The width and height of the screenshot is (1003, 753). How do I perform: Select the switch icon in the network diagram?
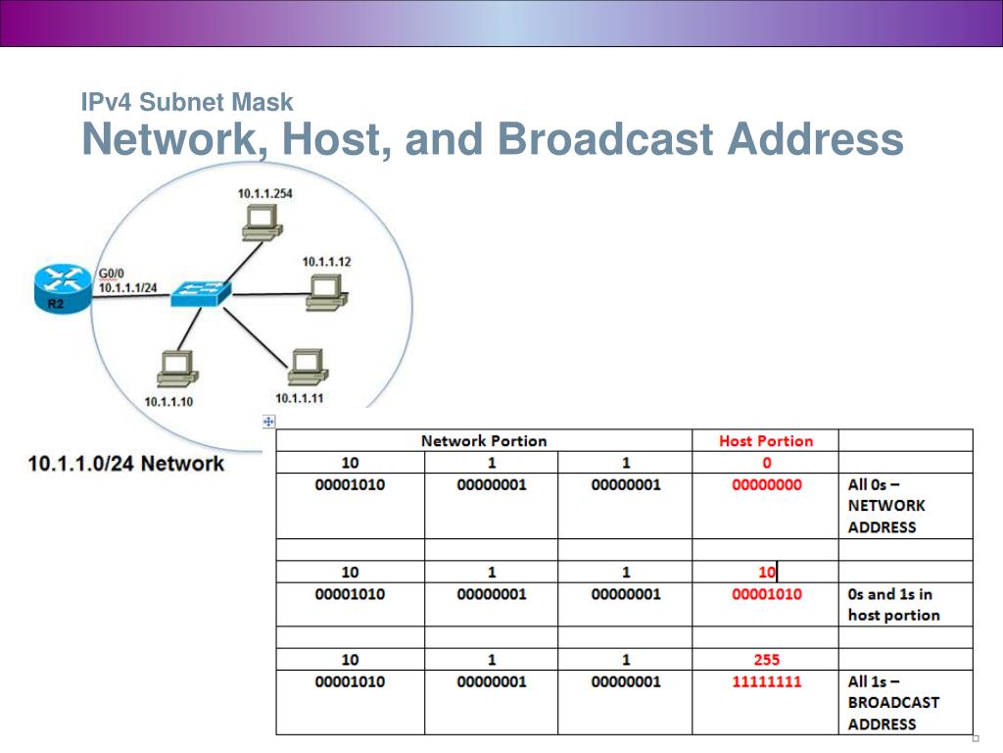(x=201, y=292)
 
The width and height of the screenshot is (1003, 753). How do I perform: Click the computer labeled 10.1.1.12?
(x=324, y=292)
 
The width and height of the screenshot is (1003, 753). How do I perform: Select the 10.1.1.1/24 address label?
(x=127, y=285)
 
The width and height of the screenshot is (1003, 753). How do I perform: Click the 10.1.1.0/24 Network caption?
(x=126, y=463)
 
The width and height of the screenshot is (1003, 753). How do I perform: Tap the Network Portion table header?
(x=484, y=441)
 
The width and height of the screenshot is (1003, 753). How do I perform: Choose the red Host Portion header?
(x=766, y=441)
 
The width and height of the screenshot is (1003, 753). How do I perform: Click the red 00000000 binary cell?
(x=766, y=484)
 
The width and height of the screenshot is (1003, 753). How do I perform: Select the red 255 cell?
(x=766, y=660)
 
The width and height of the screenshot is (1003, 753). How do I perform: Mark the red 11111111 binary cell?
(x=766, y=681)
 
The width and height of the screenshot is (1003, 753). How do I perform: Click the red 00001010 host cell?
(x=766, y=594)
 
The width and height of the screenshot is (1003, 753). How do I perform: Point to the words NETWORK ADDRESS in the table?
(x=886, y=517)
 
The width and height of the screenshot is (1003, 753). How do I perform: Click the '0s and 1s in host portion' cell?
(x=893, y=605)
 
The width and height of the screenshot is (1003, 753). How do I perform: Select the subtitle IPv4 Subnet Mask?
(x=186, y=101)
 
